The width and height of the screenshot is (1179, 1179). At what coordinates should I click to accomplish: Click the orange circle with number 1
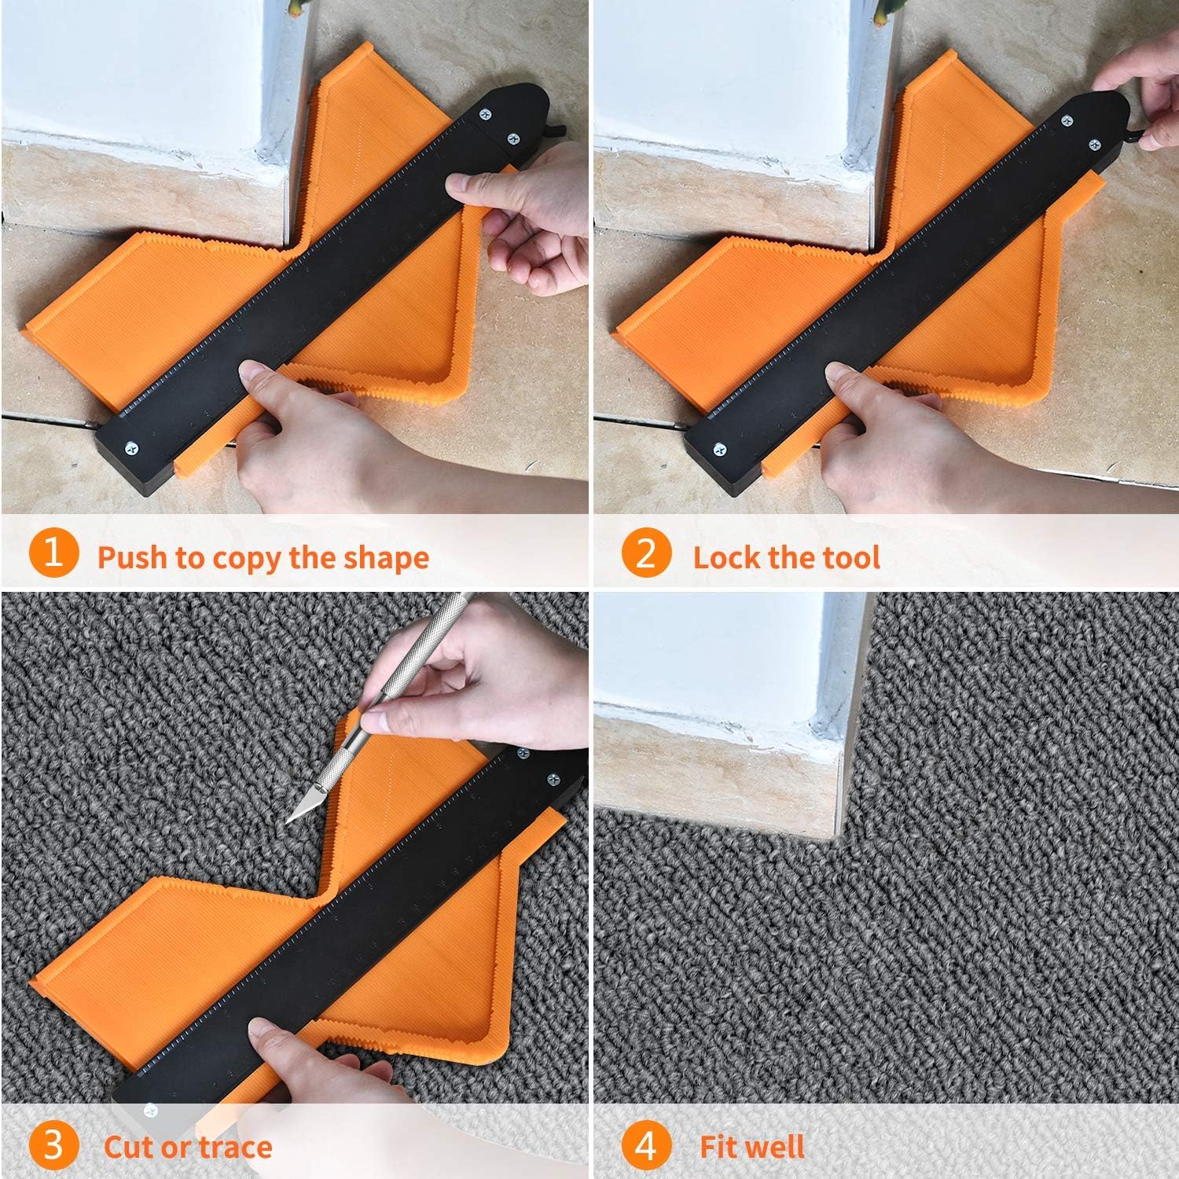tap(53, 553)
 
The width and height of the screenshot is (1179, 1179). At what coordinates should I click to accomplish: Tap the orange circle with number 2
tap(645, 553)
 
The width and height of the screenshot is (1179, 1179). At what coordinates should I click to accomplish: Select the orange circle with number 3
tap(53, 1145)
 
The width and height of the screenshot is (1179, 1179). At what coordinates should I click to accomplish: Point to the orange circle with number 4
tap(645, 1145)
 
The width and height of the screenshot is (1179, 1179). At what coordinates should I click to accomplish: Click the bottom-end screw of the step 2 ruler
tap(719, 450)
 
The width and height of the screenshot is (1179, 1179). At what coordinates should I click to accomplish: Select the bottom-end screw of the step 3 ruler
tap(150, 1111)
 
